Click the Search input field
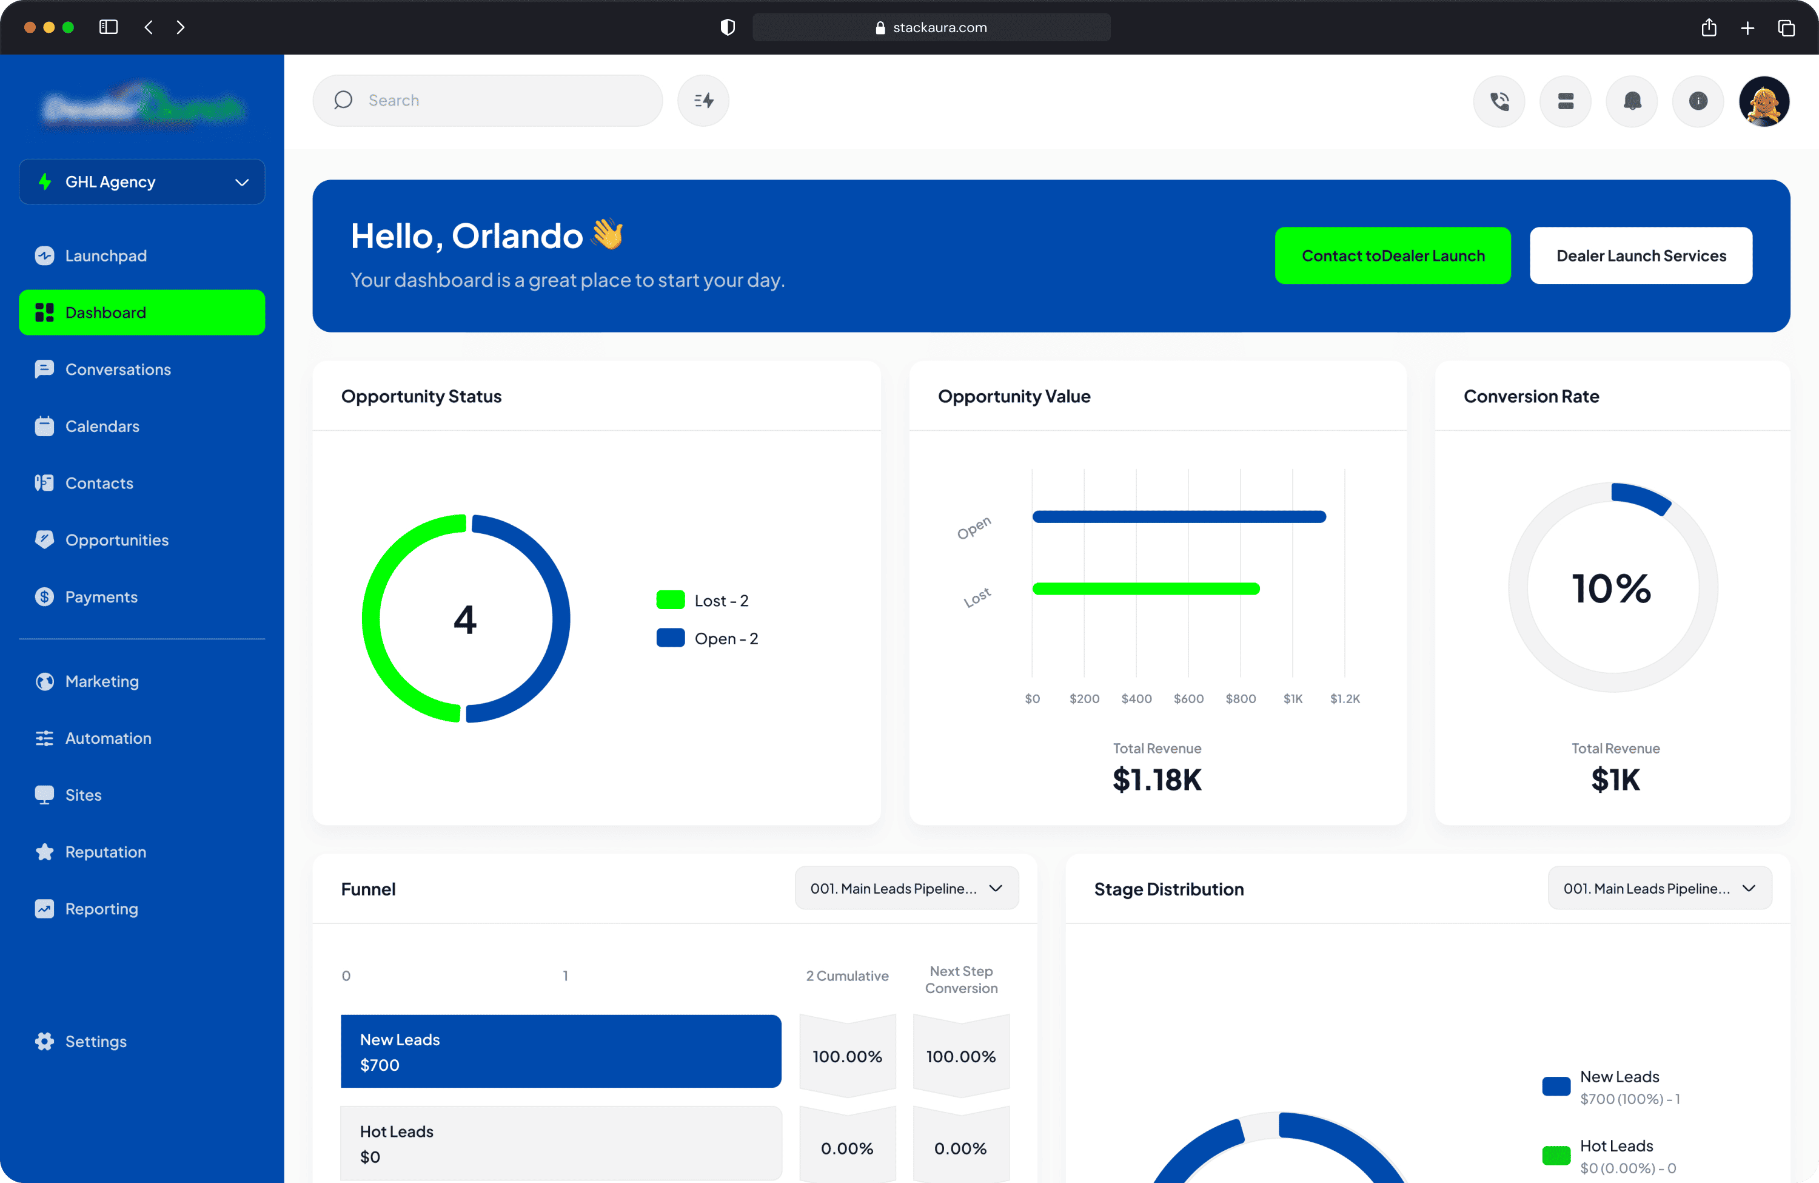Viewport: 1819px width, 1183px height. coord(504,100)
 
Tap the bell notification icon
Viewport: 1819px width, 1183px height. coord(1632,101)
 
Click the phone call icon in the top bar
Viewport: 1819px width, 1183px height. coord(1499,101)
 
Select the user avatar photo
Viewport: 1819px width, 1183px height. coord(1764,101)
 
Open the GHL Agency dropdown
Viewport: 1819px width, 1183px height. coord(142,182)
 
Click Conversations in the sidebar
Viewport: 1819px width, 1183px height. coord(118,369)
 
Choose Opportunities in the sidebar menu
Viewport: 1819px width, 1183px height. coord(116,540)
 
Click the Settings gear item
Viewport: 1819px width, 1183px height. coord(96,1042)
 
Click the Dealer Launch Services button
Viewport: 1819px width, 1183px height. coord(1641,255)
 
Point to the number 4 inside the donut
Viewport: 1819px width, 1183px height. coord(464,619)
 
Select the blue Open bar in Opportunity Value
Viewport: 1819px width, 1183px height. coord(1179,517)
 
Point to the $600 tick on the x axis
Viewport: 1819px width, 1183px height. coord(1188,699)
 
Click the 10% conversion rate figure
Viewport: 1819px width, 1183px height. coord(1612,589)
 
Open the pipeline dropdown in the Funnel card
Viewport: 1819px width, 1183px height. coord(906,889)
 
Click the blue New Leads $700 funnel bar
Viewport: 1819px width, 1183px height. coord(560,1051)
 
